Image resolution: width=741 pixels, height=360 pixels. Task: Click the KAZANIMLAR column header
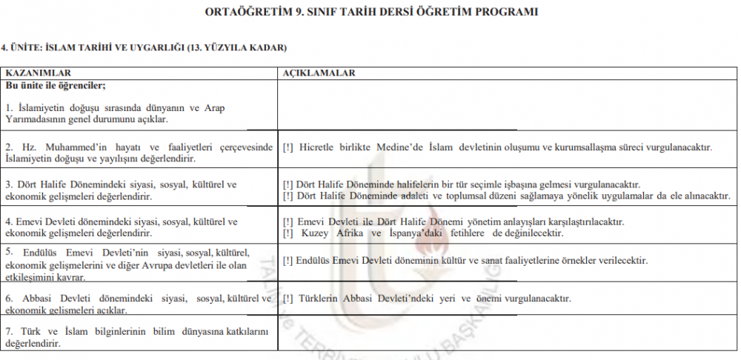[38, 73]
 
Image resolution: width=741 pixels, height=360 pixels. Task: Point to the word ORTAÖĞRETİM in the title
[248, 12]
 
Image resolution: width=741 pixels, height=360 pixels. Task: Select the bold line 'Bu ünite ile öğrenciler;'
[56, 86]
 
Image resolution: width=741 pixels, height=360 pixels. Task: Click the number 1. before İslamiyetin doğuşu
[10, 108]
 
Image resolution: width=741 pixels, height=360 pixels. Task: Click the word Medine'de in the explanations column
[400, 147]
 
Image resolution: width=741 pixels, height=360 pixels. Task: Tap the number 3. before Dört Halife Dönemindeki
[10, 184]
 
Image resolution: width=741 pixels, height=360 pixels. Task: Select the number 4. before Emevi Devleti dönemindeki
[10, 221]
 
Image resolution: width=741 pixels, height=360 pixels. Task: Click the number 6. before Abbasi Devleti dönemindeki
[10, 299]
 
